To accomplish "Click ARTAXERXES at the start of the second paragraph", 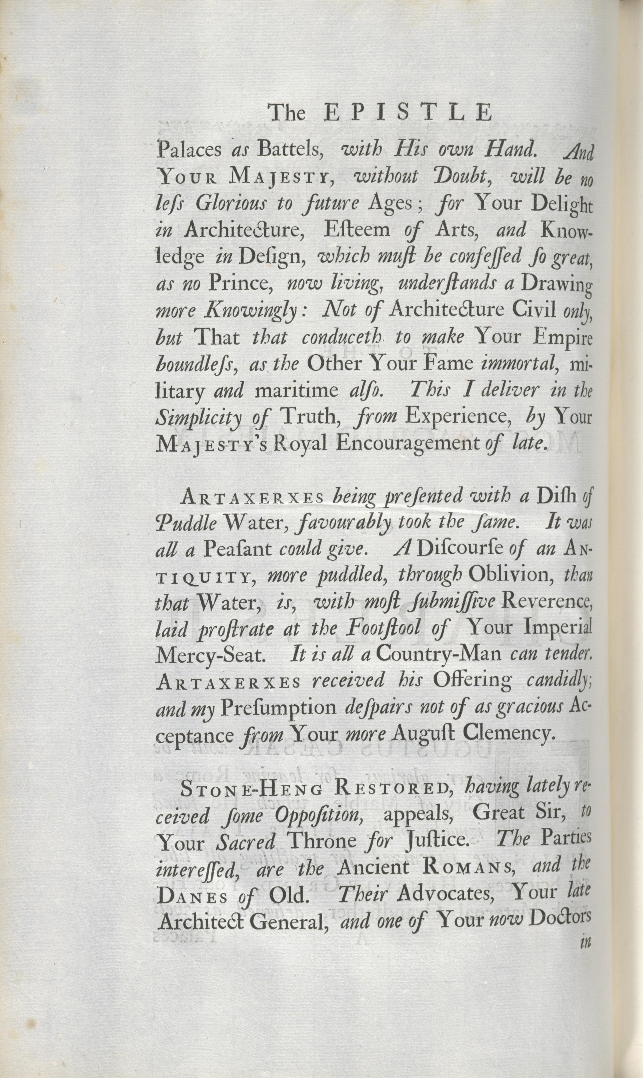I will [252, 497].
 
